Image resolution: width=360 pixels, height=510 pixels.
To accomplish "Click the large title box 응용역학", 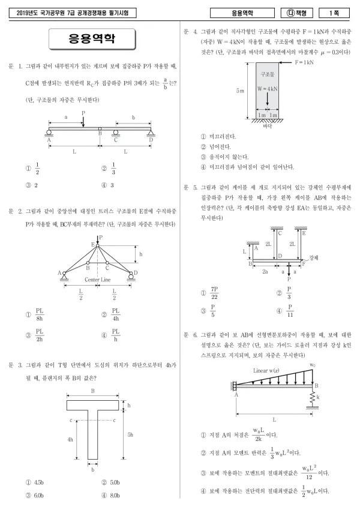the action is (92, 39).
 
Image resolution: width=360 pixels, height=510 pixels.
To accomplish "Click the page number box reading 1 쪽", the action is (334, 13).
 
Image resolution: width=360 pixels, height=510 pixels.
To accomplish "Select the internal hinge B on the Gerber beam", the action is (100, 129).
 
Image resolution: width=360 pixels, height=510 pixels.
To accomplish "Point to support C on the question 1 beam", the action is (115, 133).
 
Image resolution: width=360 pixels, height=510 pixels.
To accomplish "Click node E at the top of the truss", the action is (97, 245).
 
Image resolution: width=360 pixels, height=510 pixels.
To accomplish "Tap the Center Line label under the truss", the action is (98, 280).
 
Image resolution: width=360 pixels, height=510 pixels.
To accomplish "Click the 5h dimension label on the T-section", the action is (130, 434).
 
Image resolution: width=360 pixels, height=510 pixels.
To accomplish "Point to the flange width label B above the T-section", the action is (92, 391).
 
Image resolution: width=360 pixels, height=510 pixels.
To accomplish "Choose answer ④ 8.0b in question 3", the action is (110, 496).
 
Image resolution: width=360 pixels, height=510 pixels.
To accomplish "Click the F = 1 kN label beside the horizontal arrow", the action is (304, 62).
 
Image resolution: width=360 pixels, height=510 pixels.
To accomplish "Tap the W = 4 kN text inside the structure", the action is (268, 88).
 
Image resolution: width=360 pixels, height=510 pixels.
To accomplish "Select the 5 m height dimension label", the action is (241, 91).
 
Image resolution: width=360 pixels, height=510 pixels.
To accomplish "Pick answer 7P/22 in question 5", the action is (214, 293).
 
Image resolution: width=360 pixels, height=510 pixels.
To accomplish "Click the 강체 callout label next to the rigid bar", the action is (313, 257).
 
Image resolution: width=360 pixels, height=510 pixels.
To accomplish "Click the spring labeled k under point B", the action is (313, 397).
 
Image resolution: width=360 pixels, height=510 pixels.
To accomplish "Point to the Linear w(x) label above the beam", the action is (266, 370).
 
